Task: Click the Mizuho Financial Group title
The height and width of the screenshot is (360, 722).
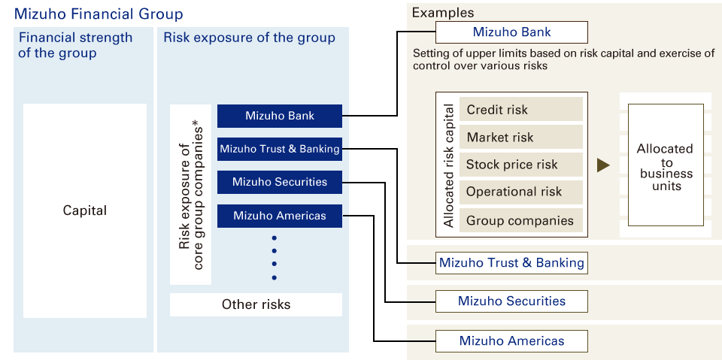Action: tap(98, 14)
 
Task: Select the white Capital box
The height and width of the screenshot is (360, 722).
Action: tap(85, 210)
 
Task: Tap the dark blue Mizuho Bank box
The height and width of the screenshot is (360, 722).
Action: tap(280, 116)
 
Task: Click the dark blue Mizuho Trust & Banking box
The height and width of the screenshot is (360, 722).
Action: tap(280, 149)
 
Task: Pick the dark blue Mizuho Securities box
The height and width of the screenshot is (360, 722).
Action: tap(280, 182)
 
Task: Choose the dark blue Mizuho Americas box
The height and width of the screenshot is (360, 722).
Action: tap(280, 216)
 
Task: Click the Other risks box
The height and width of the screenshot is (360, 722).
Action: tap(256, 304)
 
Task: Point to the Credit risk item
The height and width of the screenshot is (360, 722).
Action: tap(520, 110)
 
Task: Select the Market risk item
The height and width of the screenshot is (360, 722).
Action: tap(520, 137)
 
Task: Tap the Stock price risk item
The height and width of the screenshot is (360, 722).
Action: tap(520, 165)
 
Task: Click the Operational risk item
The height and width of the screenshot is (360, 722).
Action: tap(520, 192)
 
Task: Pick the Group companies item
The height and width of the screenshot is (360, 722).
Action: tap(520, 220)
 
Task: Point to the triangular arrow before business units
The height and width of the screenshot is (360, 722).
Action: tap(603, 165)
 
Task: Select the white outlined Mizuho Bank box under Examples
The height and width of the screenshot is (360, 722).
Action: tap(511, 32)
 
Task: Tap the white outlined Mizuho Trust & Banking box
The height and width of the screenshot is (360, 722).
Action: tap(511, 263)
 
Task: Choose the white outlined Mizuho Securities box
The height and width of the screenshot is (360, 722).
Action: tap(511, 301)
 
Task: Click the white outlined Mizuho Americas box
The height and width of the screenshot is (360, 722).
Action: tap(511, 341)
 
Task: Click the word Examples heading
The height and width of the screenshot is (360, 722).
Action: tap(443, 12)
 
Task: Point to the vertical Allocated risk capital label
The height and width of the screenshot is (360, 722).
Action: tap(449, 165)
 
